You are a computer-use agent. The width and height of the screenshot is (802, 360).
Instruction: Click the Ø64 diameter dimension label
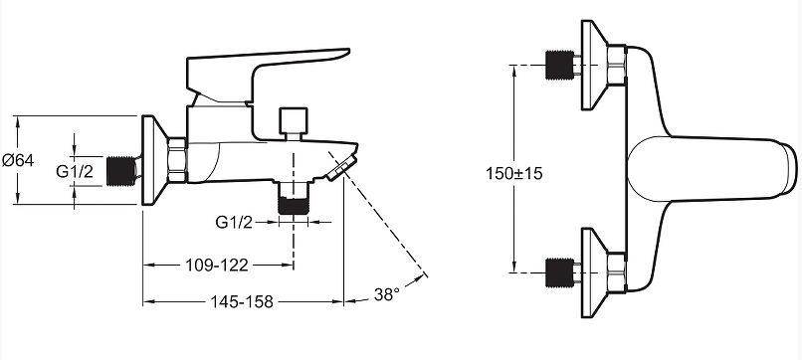pyautogui.click(x=18, y=160)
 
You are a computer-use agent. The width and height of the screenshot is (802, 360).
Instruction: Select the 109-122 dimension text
pyautogui.click(x=216, y=265)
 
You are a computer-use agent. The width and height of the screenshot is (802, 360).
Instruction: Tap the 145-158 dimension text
pyautogui.click(x=242, y=301)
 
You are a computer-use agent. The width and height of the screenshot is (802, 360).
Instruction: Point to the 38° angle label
pyautogui.click(x=386, y=294)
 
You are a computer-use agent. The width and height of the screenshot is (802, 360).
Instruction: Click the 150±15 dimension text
pyautogui.click(x=514, y=173)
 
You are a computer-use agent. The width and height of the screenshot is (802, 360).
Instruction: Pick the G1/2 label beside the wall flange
pyautogui.click(x=75, y=171)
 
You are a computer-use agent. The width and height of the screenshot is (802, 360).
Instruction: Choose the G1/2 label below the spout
pyautogui.click(x=234, y=222)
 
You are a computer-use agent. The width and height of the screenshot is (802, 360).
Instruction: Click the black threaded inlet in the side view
pyautogui.click(x=121, y=171)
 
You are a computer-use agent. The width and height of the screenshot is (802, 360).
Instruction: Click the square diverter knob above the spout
pyautogui.click(x=294, y=121)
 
